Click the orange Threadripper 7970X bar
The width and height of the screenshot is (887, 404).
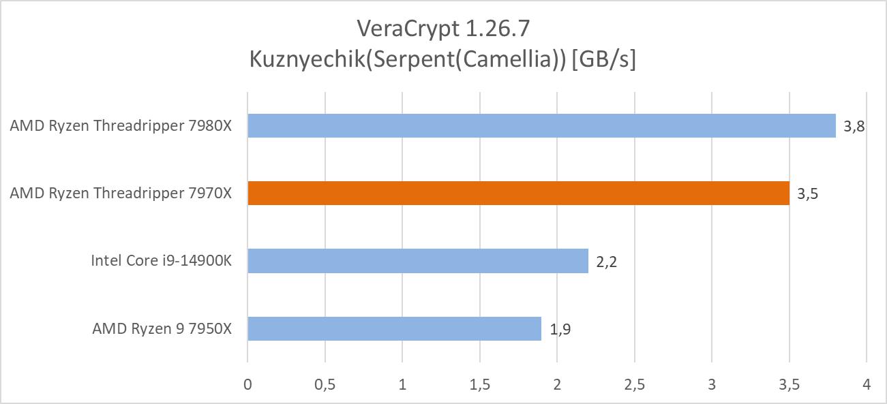(x=518, y=193)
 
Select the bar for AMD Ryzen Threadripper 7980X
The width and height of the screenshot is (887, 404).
(x=541, y=125)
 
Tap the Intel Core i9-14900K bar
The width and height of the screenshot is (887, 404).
(x=417, y=260)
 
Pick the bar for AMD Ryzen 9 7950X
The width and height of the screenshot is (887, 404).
(x=394, y=328)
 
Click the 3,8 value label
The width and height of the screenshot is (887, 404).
(x=854, y=126)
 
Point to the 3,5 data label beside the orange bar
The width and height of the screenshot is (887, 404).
(x=807, y=193)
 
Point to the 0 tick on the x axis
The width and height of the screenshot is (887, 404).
(x=247, y=384)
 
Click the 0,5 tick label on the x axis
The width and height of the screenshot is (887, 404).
(x=325, y=384)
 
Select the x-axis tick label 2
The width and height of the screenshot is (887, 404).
(x=557, y=384)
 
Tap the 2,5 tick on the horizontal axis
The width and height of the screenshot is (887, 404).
(x=634, y=384)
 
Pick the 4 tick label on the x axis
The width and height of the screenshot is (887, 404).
(x=866, y=384)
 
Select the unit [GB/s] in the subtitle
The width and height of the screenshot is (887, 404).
(x=604, y=60)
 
